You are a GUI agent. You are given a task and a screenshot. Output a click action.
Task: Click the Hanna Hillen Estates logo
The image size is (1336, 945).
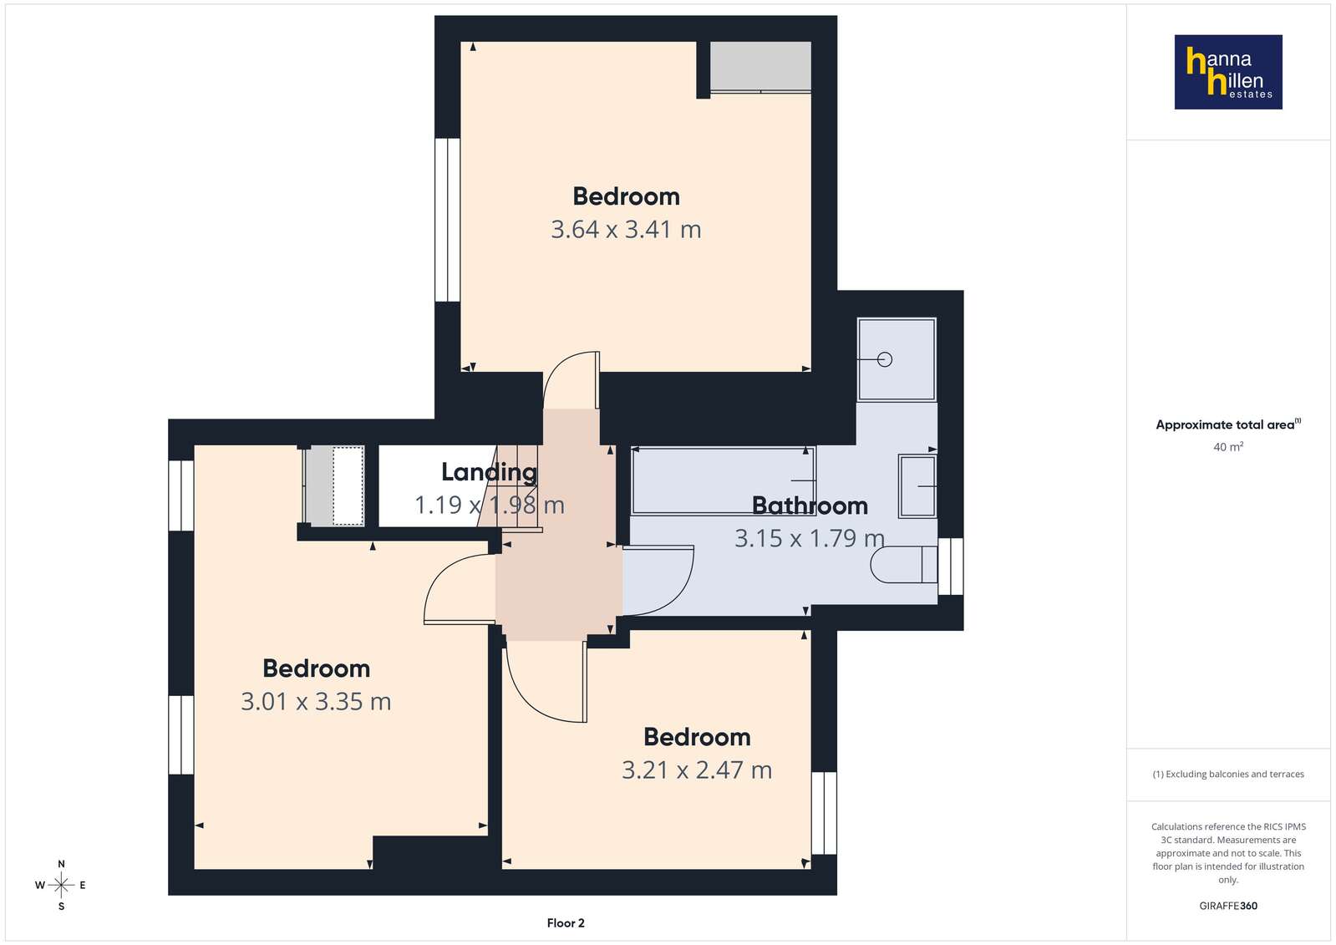coord(1228,72)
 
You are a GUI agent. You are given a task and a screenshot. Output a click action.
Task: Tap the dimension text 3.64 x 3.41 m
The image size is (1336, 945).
coord(626,230)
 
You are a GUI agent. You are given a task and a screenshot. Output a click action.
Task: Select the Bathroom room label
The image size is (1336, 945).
coord(810,506)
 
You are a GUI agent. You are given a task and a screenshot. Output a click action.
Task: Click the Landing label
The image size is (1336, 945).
coord(489,473)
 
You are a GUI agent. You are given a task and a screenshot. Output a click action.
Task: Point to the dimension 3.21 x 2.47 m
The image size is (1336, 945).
coord(697,770)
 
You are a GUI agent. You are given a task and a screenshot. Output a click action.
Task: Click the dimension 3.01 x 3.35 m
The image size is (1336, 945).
coord(316,702)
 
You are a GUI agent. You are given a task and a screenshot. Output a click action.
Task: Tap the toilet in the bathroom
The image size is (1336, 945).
coord(903,564)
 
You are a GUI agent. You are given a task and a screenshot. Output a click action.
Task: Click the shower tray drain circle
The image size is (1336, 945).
coord(885,359)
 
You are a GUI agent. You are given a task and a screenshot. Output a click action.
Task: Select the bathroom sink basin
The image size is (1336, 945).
coord(917,486)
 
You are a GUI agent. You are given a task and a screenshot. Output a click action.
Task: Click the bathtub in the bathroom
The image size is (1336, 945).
coord(723,480)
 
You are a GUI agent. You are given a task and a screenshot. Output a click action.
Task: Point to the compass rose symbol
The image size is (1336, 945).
coord(61,885)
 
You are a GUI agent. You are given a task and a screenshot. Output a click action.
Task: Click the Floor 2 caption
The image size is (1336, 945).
coord(566,923)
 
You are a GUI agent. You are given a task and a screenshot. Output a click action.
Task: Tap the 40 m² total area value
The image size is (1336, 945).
coord(1228,447)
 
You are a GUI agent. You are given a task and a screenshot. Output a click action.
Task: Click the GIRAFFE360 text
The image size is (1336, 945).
coord(1228,906)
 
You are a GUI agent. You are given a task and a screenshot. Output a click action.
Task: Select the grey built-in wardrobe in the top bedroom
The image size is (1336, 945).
coord(760,66)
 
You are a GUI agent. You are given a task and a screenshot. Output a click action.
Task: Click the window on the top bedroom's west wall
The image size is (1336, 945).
coord(447,220)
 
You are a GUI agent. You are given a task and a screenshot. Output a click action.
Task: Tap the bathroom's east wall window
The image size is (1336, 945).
coord(951,566)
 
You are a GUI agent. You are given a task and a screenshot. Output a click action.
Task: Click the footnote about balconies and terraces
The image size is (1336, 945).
coord(1228,774)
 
